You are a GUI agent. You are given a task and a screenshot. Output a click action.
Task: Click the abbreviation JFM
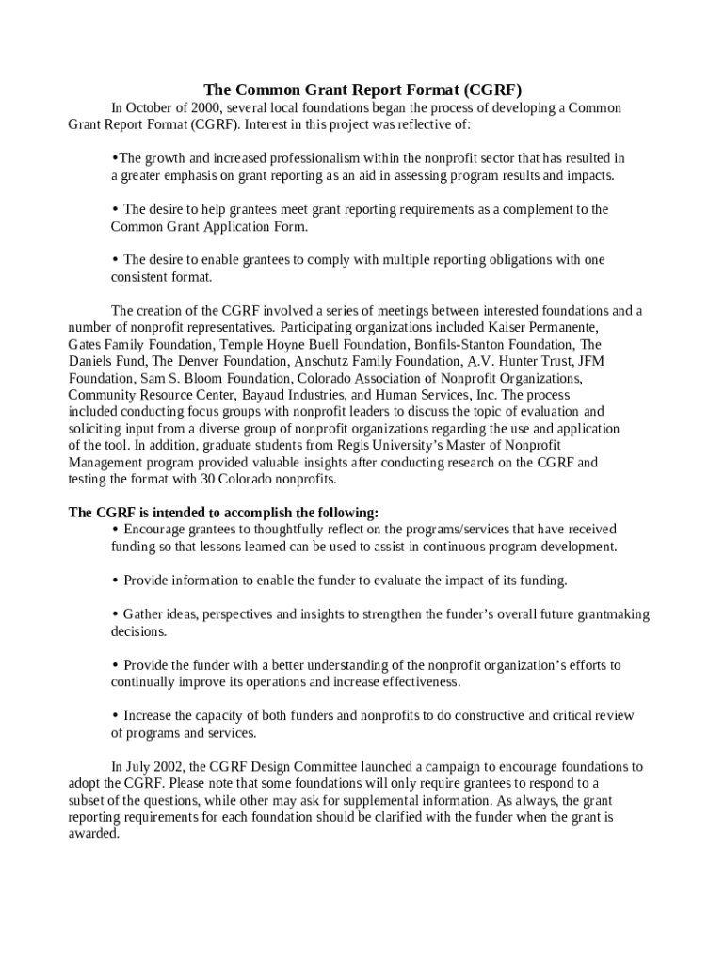[590, 361]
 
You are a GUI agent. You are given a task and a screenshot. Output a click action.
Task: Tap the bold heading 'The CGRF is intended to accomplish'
[223, 513]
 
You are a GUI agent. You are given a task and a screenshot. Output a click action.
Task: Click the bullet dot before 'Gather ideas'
[115, 614]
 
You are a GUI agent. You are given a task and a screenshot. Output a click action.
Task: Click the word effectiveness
[414, 681]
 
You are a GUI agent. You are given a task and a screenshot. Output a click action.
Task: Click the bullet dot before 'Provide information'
[115, 581]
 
